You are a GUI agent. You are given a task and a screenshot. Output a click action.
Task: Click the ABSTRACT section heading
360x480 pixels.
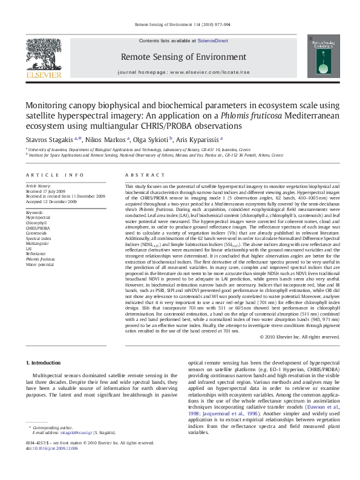[137, 174]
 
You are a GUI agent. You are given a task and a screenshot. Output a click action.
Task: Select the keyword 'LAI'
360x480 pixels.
[29, 248]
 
